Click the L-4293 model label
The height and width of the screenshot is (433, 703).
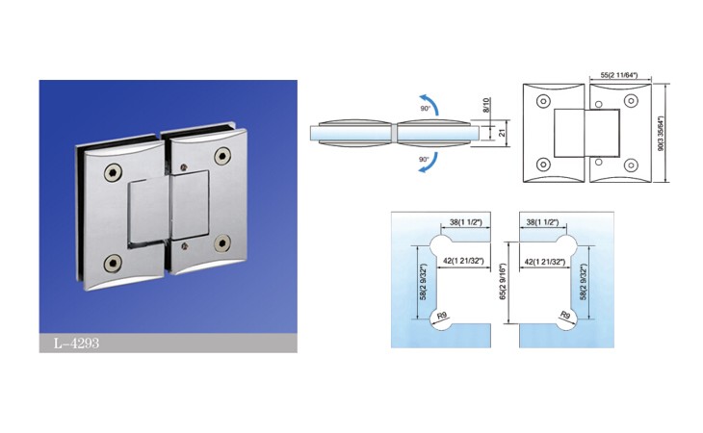[x=76, y=344]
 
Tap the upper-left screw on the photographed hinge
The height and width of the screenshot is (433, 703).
[x=113, y=172]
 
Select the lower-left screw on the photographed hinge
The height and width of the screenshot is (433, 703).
[x=113, y=264]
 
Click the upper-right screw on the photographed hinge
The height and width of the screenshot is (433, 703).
[x=222, y=156]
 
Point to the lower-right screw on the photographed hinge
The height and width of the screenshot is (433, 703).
[x=222, y=242]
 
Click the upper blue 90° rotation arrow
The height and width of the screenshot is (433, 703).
[x=430, y=103]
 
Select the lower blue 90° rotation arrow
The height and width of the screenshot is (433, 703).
[x=430, y=165]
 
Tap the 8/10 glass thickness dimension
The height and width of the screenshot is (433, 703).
[x=487, y=105]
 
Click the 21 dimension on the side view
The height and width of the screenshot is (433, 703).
[x=502, y=133]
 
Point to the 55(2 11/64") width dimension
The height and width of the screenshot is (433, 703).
[x=619, y=75]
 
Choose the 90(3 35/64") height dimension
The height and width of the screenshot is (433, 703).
[x=660, y=134]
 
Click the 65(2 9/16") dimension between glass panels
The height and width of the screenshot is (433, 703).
[x=503, y=282]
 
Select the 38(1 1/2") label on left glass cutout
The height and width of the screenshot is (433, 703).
[x=466, y=222]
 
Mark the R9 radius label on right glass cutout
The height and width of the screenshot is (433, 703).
[x=565, y=316]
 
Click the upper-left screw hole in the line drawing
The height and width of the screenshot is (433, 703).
[x=543, y=101]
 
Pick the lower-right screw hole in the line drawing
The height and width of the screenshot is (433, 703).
[x=632, y=165]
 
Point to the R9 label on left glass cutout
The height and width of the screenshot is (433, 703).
[x=442, y=316]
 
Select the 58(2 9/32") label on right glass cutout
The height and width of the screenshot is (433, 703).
[x=584, y=282]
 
